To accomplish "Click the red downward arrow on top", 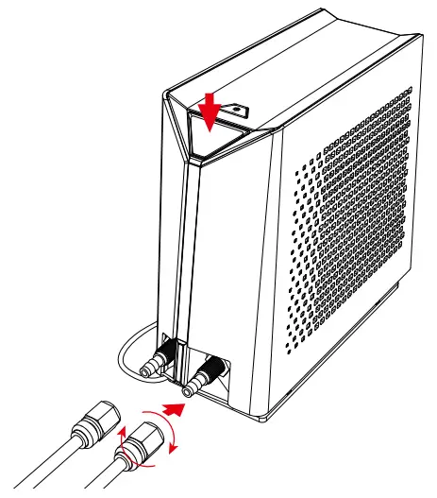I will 210,106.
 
